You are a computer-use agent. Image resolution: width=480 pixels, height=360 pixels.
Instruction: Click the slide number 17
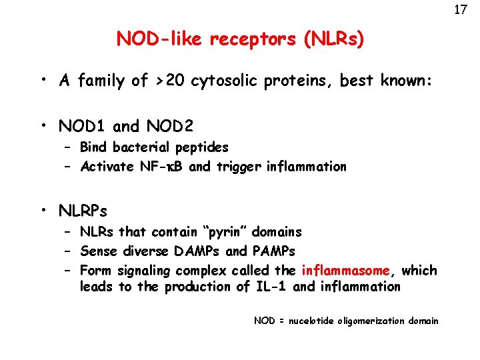pos(459,10)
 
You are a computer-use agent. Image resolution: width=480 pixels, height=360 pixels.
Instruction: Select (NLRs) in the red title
pos(333,39)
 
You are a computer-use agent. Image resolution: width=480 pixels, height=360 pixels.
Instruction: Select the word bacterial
pos(141,147)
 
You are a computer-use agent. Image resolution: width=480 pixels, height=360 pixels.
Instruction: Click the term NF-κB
pos(161,167)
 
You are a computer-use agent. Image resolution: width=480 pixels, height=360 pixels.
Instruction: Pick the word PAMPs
pos(273,251)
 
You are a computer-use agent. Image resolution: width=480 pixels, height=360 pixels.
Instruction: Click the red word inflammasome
pos(345,271)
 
